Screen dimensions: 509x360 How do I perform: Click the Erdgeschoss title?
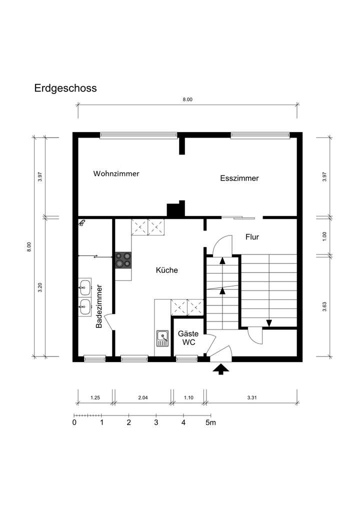coord(65,88)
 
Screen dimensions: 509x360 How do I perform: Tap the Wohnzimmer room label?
coord(116,174)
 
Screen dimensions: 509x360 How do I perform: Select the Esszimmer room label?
coord(239,178)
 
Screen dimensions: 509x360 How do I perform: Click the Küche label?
coord(167,270)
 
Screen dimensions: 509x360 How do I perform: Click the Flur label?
coord(252,237)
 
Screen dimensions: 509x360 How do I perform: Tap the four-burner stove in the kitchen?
coord(123,260)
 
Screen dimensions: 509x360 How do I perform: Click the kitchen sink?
coord(162,338)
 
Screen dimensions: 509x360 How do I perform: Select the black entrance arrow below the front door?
coord(220,369)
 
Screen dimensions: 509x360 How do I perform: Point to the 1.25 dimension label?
coord(95,397)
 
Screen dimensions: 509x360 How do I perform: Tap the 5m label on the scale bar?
coord(211,422)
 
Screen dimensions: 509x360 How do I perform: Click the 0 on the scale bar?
coord(74,422)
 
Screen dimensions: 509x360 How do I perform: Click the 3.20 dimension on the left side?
coord(40,287)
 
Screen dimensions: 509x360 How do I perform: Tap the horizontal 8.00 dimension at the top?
coord(187,99)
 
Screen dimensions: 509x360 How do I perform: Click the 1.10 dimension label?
coord(188,397)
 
